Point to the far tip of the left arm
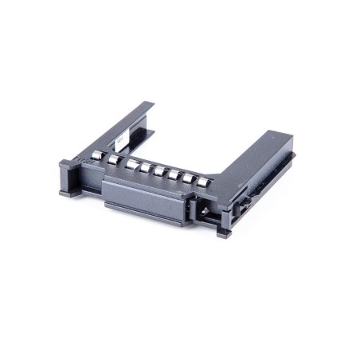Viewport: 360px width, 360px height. click(x=147, y=104)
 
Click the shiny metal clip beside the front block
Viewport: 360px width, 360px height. click(x=202, y=209)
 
